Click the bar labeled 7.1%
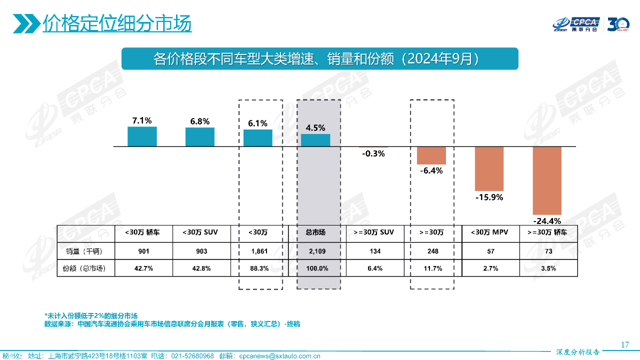[x=142, y=136]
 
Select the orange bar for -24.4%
[x=547, y=180]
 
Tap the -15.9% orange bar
[x=489, y=168]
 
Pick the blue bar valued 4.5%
[x=315, y=140]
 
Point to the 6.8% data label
[x=200, y=121]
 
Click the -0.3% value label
[x=373, y=154]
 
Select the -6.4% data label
[x=431, y=170]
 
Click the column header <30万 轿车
[x=143, y=232]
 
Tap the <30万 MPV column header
[x=489, y=232]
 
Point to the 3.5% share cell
[x=548, y=268]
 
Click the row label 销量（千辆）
[x=85, y=251]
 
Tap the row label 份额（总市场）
[x=85, y=268]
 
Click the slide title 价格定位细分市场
[x=117, y=23]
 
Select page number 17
[x=624, y=344]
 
